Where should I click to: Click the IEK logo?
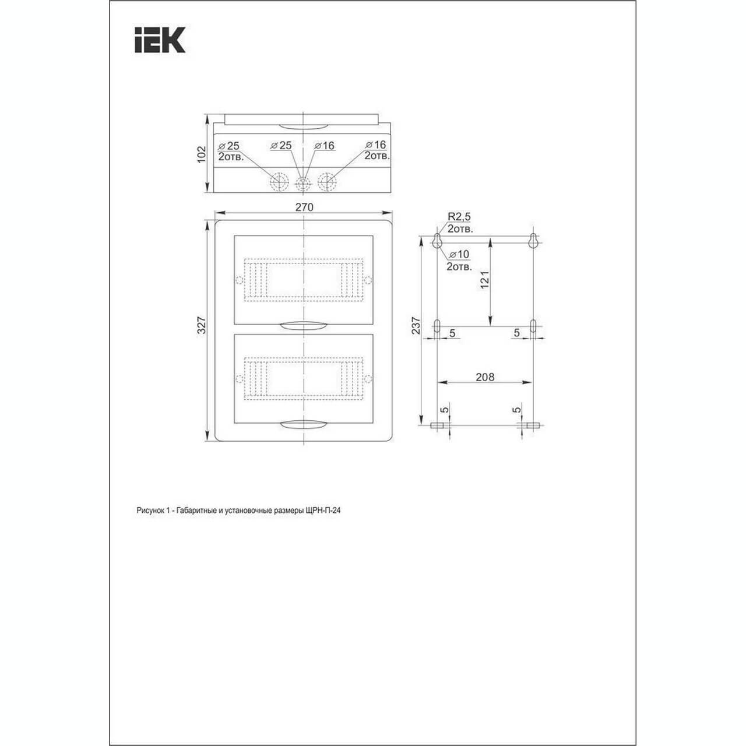[x=160, y=40]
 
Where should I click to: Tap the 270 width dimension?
[x=304, y=207]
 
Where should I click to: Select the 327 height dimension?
[x=202, y=325]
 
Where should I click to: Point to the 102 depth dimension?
[x=202, y=154]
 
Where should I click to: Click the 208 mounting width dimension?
[x=485, y=377]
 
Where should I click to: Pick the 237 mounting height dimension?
[x=416, y=326]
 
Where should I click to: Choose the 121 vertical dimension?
[x=485, y=280]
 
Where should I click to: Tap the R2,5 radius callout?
[x=459, y=217]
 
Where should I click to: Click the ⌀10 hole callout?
[x=459, y=254]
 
